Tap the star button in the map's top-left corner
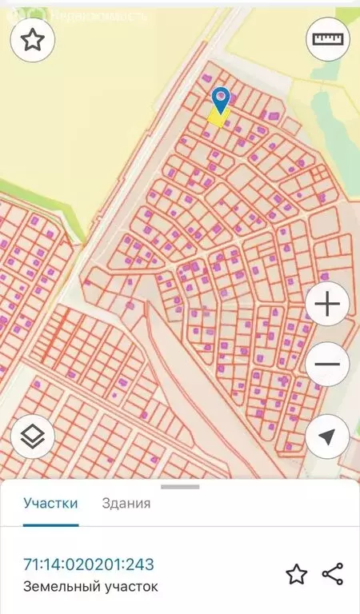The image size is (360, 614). pos(32,40)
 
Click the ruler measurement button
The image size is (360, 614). pos(328,40)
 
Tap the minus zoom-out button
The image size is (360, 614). pos(327,365)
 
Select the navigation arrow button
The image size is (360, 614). pos(327,437)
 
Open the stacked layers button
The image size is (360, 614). pos(33,437)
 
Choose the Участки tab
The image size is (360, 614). pos(50,504)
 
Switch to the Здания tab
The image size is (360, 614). pos(126,504)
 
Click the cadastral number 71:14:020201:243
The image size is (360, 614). pos(88,565)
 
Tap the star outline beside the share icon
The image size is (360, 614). pos(297,574)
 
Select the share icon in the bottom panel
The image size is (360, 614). pos(332,574)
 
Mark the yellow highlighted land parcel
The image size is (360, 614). pos(217,118)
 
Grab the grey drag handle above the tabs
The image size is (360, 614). pos(180,486)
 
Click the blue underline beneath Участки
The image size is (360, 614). pos(50,525)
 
